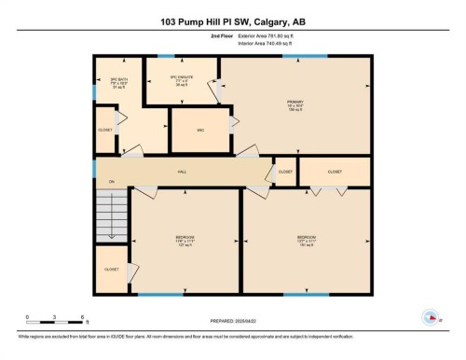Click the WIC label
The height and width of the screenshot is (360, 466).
click(199, 131)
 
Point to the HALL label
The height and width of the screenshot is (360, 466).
click(184, 173)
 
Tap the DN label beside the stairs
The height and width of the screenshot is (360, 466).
click(111, 181)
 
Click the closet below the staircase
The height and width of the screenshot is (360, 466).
click(112, 270)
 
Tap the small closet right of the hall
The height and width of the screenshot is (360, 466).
click(285, 173)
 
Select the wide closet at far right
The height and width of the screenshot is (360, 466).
click(335, 172)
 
